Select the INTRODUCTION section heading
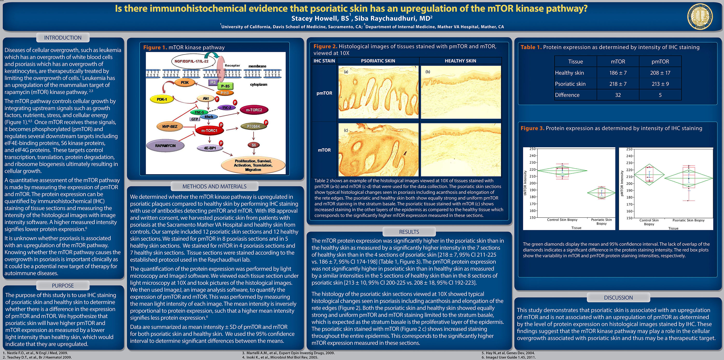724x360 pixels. tap(63, 38)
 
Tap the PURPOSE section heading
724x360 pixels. tap(63, 285)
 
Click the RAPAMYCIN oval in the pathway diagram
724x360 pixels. tap(165, 146)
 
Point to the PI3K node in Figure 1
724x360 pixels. tap(185, 82)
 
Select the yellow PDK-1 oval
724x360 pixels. tap(162, 99)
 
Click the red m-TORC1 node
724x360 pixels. tap(209, 130)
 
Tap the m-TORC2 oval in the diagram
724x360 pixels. tap(254, 110)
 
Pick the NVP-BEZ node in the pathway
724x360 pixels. tap(170, 127)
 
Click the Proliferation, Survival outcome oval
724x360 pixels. tap(253, 165)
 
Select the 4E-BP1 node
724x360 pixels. tap(210, 148)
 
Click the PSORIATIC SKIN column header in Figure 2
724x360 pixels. tap(378, 61)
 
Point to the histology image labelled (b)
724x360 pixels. tap(461, 92)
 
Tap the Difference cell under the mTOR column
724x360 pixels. tap(618, 95)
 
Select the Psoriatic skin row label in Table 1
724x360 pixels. tap(570, 84)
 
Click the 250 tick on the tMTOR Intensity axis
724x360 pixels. tap(532, 149)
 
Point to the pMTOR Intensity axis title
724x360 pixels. tap(622, 183)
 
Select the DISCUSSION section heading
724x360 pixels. tap(618, 297)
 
